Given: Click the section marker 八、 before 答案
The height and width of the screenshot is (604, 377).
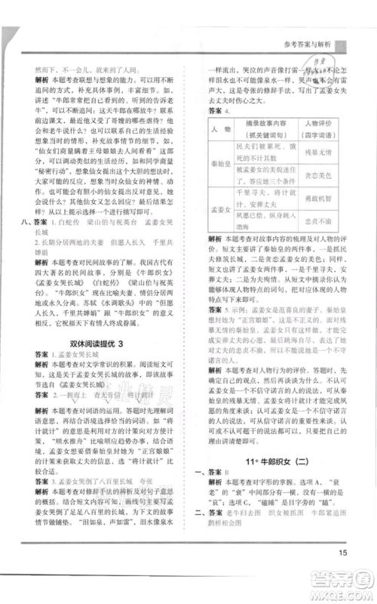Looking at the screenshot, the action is pyautogui.click(x=27, y=223).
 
